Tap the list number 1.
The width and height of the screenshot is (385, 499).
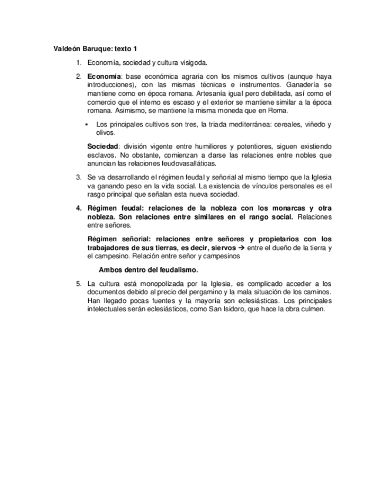coord(78,62)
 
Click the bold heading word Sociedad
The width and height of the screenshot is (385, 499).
coord(103,146)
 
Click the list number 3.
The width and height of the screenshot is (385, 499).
coord(78,177)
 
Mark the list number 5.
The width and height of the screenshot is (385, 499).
coord(78,283)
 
